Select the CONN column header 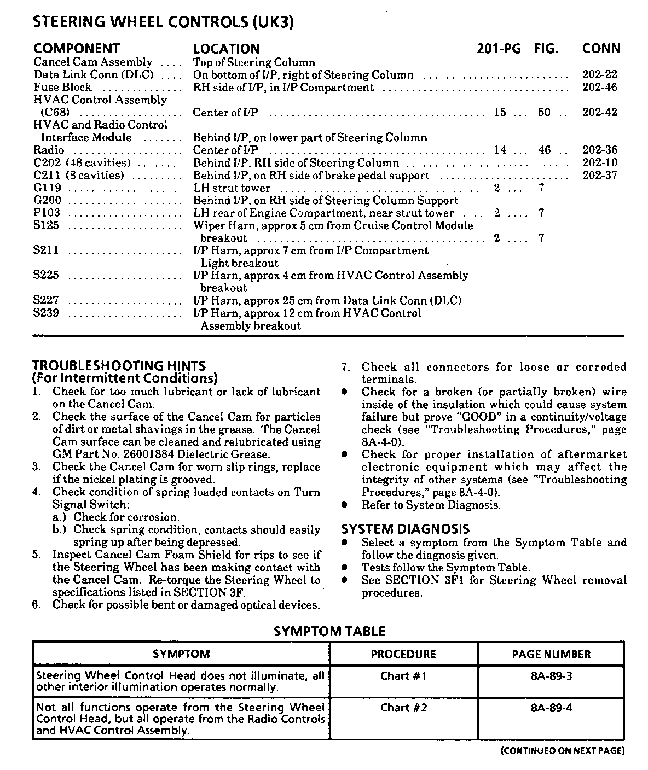click(601, 49)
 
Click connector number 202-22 click(600, 75)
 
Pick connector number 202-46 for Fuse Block click(600, 87)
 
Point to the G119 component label click(47, 188)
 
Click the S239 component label click(46, 313)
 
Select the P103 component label click(47, 213)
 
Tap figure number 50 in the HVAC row click(544, 113)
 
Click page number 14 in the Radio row click(500, 150)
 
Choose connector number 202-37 click(600, 176)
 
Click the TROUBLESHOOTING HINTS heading click(119, 366)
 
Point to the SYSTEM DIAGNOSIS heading click(405, 529)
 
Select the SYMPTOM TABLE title click(329, 632)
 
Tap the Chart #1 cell click(403, 676)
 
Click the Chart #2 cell click(403, 708)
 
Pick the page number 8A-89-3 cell click(551, 676)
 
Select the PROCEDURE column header click(403, 654)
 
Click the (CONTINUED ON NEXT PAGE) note click(563, 751)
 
